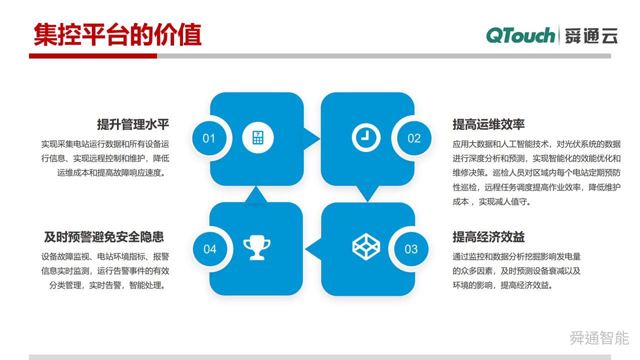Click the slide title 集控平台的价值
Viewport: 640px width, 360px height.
pos(117,34)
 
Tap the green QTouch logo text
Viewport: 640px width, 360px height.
pos(520,35)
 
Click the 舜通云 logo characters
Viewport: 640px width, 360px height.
pos(591,35)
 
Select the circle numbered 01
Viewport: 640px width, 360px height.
pos(209,138)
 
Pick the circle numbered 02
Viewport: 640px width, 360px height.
pos(414,138)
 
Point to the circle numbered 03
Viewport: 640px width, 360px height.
pos(411,249)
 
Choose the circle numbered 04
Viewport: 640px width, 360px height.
pos(210,249)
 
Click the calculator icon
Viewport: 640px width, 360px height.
pos(257,137)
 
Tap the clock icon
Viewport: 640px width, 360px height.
pos(366,137)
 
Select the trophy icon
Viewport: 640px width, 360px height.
pos(256,247)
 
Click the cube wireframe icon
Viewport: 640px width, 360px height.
pos(366,247)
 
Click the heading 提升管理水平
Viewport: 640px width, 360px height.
pos(133,124)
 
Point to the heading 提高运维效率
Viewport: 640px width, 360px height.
pos(488,124)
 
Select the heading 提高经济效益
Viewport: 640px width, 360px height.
pos(488,237)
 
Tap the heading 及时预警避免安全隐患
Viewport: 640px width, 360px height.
pos(104,237)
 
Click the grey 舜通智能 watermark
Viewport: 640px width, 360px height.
pos(599,338)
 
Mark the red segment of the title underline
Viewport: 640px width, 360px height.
pos(93,56)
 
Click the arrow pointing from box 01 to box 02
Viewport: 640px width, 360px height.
pos(311,138)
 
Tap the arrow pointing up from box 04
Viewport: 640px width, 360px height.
pos(256,194)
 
